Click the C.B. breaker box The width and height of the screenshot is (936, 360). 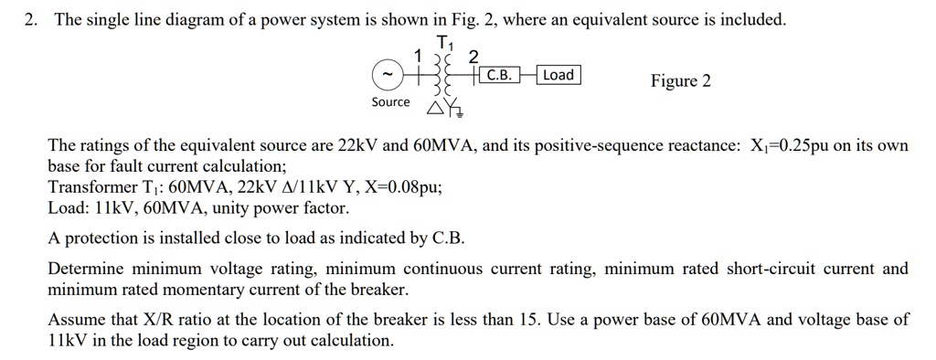[499, 76]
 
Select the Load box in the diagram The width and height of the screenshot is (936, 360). [558, 75]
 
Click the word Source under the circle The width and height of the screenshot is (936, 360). [390, 101]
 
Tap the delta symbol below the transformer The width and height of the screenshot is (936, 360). [434, 111]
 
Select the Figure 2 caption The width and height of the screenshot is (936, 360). [680, 81]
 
